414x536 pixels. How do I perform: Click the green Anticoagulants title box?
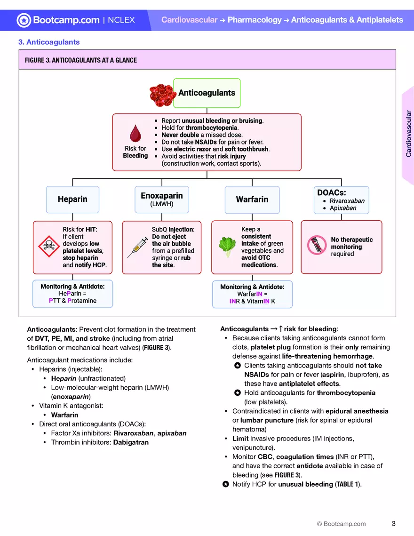pos(207,93)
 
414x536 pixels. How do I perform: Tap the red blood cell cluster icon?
pos(163,96)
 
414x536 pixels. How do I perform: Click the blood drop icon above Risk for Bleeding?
pos(135,134)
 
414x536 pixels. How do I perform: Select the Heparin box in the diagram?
pos(72,200)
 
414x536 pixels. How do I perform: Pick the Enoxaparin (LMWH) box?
pos(162,199)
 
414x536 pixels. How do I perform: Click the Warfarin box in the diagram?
pos(252,200)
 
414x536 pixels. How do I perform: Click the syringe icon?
pos(137,248)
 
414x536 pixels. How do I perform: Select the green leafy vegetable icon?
pos(227,247)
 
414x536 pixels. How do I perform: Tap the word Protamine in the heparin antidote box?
pos(82,301)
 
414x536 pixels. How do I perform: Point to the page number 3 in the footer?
pos(393,523)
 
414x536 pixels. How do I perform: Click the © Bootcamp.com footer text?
pos(341,524)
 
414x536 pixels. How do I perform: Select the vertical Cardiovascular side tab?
pos(408,134)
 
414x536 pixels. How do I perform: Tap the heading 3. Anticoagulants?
pos(49,42)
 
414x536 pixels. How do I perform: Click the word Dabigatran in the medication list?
pos(131,442)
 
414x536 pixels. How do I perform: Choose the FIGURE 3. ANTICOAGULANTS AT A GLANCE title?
pos(81,60)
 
